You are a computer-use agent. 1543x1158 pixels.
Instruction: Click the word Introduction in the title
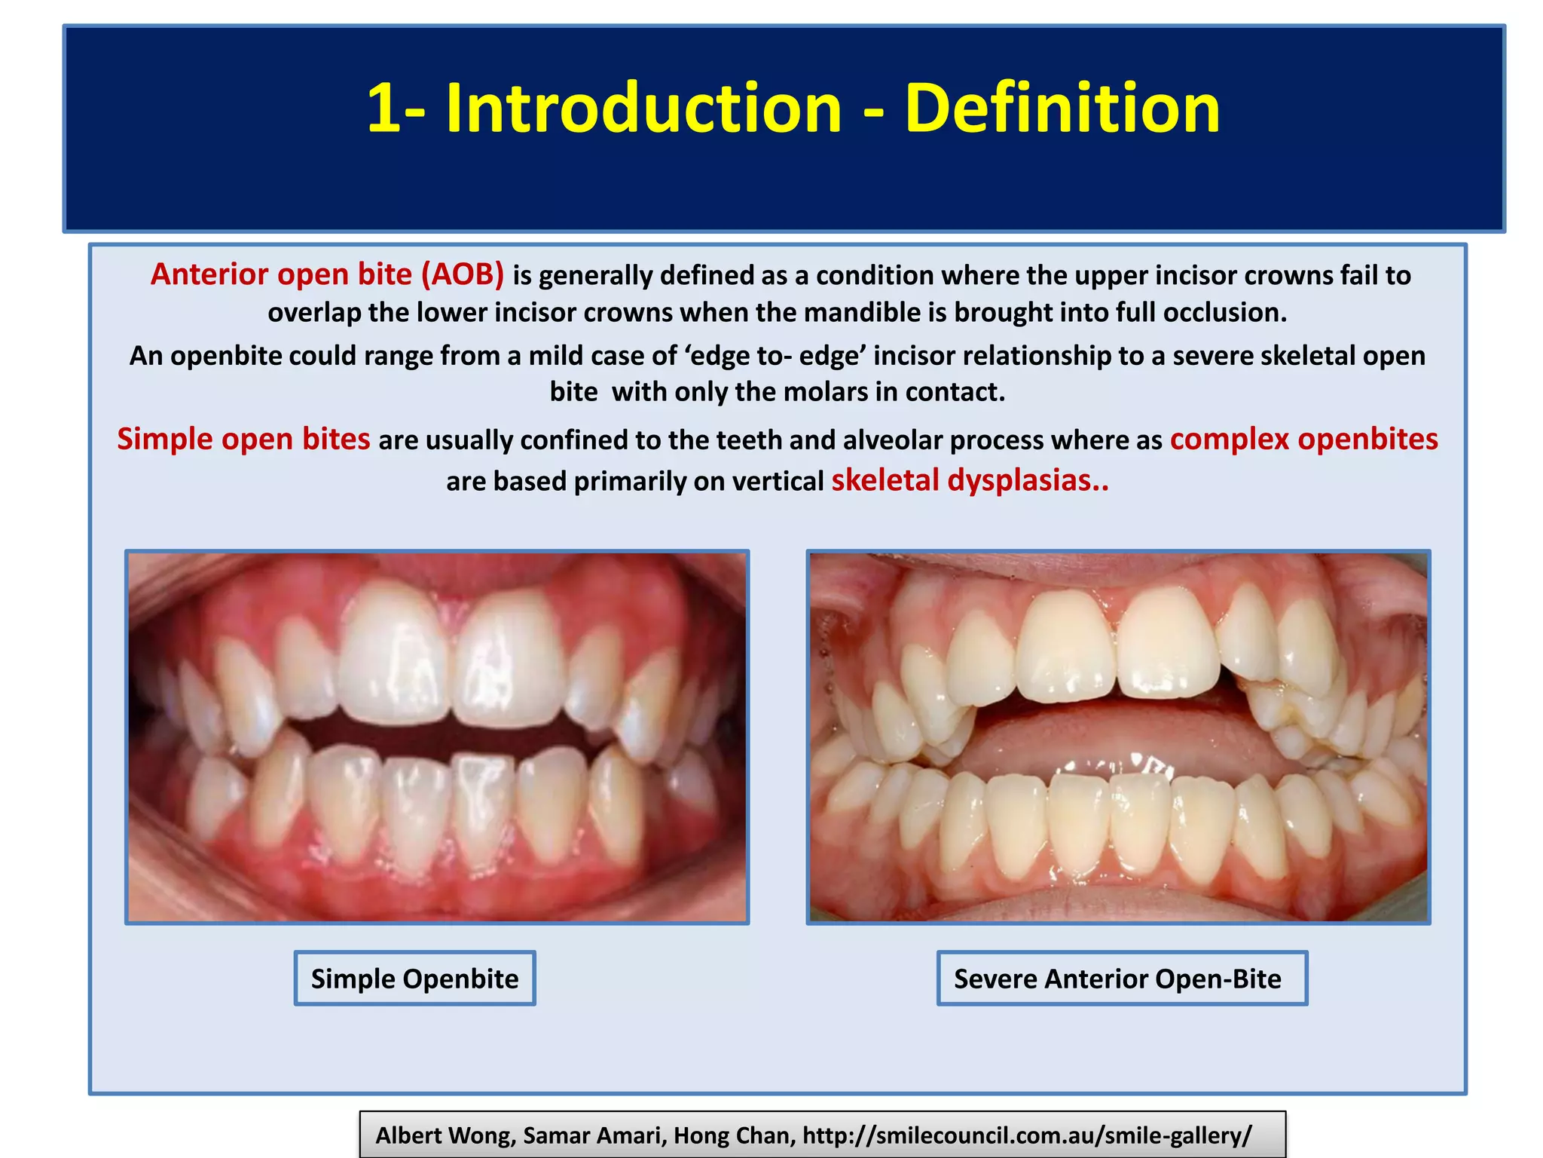click(643, 109)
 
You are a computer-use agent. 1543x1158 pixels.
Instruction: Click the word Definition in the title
click(1062, 109)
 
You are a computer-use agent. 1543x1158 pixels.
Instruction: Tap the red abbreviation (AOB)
click(462, 274)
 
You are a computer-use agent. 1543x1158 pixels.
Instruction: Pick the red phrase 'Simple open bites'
click(243, 440)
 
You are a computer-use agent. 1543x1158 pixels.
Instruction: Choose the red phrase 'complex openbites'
click(1303, 440)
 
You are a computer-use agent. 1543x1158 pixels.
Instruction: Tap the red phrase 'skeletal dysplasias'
click(962, 481)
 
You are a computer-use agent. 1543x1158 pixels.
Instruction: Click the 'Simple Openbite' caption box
click(414, 979)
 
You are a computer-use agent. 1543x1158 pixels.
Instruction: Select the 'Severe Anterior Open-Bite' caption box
click(1121, 979)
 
